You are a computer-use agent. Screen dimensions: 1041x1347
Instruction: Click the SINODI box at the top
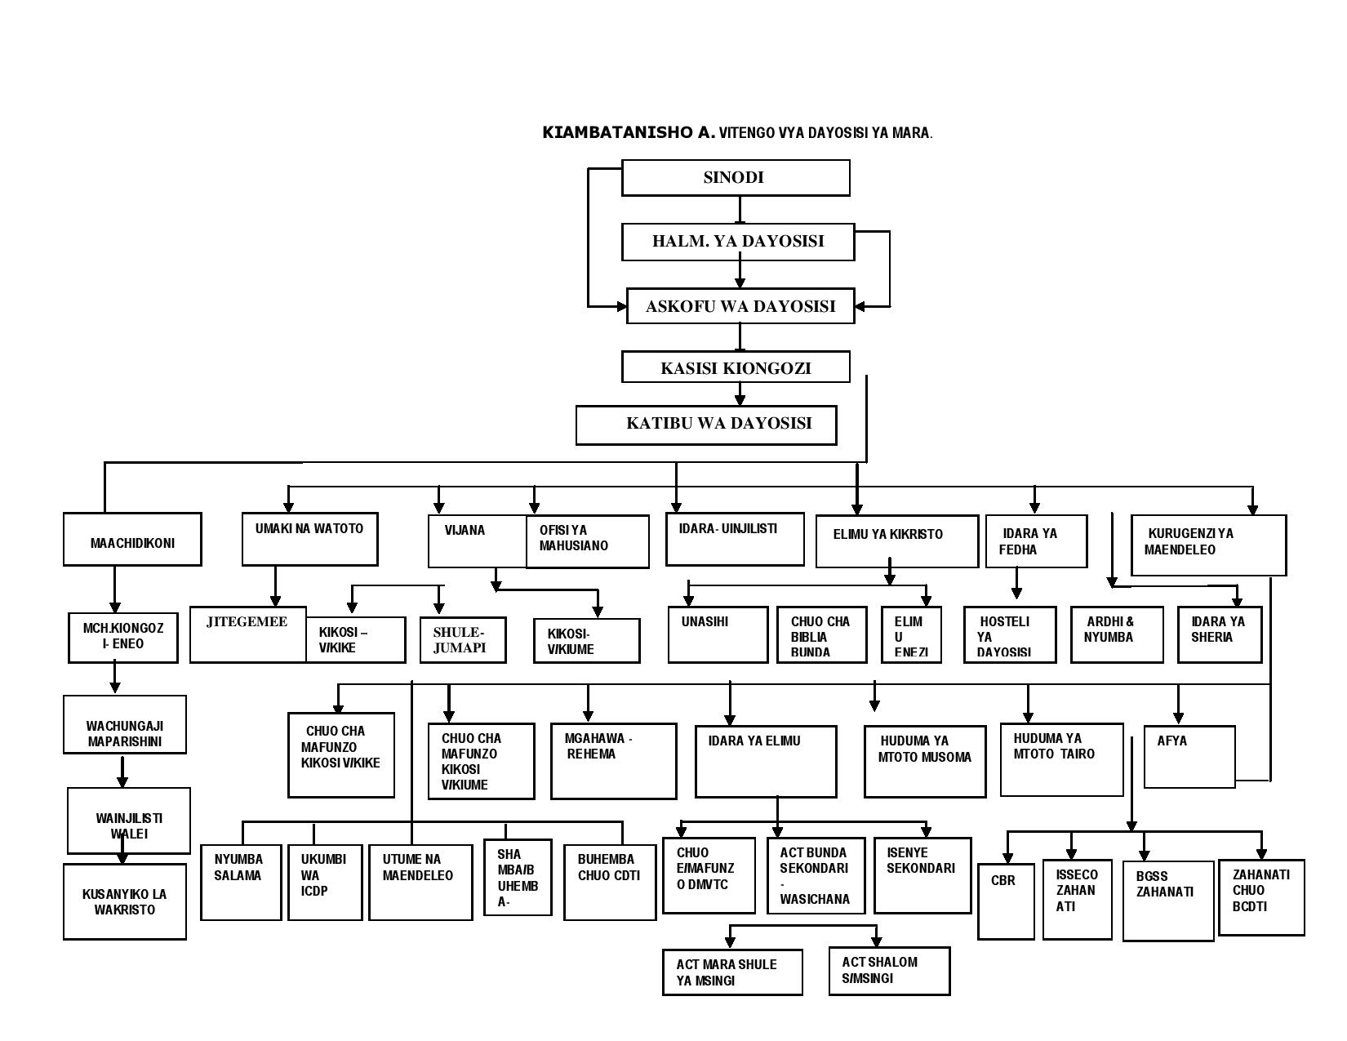click(735, 178)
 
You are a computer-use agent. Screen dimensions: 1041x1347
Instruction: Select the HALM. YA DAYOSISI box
click(738, 242)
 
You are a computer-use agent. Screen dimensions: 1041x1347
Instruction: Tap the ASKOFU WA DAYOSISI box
click(740, 306)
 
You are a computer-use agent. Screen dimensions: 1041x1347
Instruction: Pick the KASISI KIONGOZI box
click(736, 367)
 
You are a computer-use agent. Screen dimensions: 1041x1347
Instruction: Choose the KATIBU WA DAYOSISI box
click(706, 425)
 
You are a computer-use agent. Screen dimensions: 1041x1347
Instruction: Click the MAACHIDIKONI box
click(132, 540)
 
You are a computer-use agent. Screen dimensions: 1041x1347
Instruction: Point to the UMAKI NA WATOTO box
click(310, 539)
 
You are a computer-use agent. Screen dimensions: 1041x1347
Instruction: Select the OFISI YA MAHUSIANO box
click(588, 541)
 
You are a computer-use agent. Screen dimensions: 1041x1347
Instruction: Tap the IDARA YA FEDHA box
click(1036, 541)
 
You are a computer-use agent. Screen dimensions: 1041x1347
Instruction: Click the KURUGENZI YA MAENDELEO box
click(1208, 545)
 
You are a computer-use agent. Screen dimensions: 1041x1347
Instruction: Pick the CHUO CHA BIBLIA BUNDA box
click(821, 634)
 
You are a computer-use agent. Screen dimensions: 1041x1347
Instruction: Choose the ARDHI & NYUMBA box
click(1117, 634)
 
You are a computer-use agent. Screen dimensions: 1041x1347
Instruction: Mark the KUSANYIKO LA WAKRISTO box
click(125, 901)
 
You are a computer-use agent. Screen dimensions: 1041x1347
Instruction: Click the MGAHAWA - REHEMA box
click(614, 760)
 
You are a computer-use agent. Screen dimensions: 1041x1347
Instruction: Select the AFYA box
click(1189, 757)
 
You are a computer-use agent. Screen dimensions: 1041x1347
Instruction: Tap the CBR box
click(1007, 900)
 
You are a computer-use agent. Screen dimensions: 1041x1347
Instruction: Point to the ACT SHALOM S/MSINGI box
click(890, 971)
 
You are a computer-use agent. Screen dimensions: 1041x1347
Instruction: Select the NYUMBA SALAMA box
click(241, 882)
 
